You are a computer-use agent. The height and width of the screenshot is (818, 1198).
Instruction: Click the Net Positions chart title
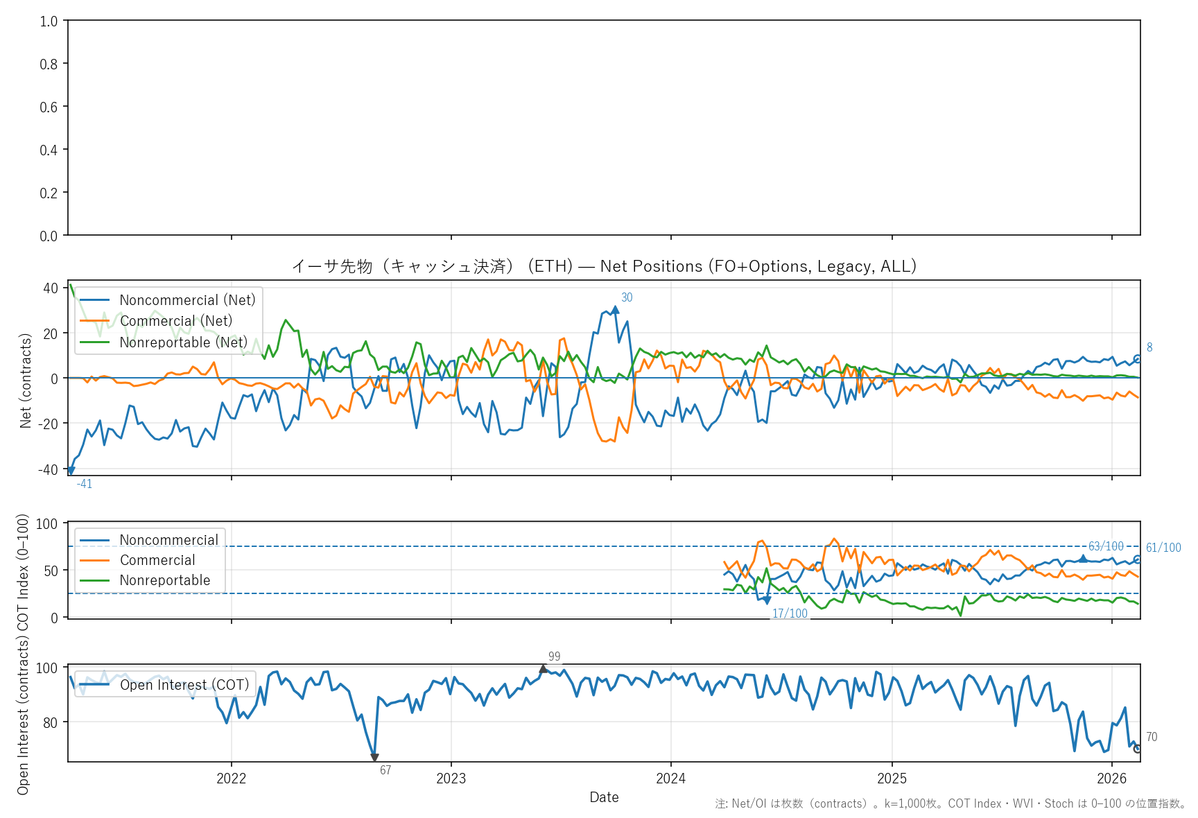coord(604,266)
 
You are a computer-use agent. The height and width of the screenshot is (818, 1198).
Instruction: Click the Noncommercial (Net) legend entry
coord(187,300)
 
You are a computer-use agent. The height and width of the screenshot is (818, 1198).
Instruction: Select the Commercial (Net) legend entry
coord(175,321)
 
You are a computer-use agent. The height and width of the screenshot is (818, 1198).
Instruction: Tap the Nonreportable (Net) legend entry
coord(183,342)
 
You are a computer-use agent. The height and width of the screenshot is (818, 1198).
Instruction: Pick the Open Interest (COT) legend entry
coord(184,685)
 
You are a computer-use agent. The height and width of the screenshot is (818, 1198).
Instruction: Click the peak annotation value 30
coord(627,297)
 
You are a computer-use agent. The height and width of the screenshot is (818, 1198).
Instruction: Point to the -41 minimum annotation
coord(85,484)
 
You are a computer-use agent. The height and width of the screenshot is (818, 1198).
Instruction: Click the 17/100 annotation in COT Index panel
coord(790,613)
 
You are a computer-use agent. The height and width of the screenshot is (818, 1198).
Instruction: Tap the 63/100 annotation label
coord(1106,546)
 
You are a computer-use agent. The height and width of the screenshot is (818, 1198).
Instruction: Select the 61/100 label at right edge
coord(1163,548)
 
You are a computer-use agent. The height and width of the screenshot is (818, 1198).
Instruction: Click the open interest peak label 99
coord(554,656)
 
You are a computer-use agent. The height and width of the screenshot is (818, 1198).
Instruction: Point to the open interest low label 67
coord(385,770)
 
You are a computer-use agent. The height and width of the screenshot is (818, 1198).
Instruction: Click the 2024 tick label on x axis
coord(670,778)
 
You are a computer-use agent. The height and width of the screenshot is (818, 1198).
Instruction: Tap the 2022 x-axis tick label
coord(232,778)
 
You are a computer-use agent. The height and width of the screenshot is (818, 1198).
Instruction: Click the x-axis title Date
coord(604,797)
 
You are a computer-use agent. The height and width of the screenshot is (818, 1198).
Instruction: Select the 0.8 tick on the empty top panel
coord(49,64)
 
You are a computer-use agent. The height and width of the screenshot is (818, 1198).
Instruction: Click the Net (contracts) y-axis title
coord(26,381)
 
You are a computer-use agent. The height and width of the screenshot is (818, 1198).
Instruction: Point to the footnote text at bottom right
coord(950,803)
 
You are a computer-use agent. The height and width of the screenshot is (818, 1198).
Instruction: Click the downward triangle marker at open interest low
coord(374,758)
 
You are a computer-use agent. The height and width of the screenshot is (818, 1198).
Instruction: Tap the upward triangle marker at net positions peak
coord(615,310)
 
